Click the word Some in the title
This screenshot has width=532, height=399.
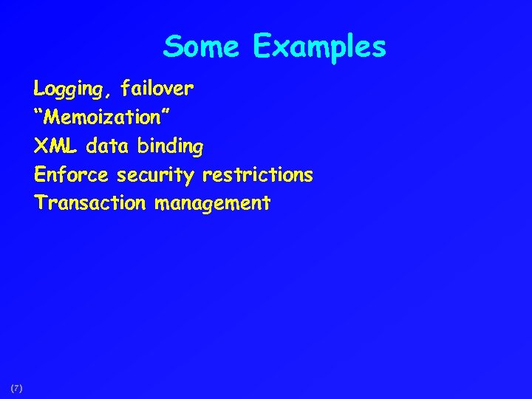(x=202, y=47)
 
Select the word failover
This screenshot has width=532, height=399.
(x=157, y=89)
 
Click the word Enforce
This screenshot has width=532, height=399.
(x=70, y=175)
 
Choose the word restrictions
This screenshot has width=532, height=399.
(x=257, y=175)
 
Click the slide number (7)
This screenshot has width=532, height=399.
(x=17, y=387)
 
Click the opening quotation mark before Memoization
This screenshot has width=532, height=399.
(x=38, y=112)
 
